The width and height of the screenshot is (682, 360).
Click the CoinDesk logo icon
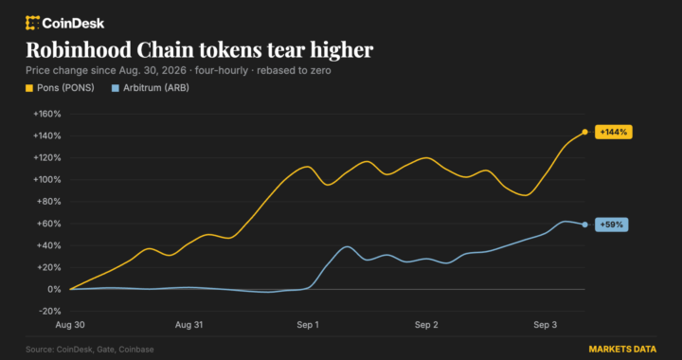pyautogui.click(x=32, y=23)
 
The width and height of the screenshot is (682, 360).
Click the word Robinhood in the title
pyautogui.click(x=78, y=50)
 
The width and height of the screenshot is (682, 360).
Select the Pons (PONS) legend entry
pyautogui.click(x=60, y=88)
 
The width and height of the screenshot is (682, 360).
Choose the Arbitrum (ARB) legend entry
pyautogui.click(x=151, y=88)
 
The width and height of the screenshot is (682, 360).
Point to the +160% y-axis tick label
pyautogui.click(x=47, y=114)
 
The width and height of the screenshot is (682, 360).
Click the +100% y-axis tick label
pyautogui.click(x=47, y=180)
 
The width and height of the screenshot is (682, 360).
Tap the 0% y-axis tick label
pyautogui.click(x=54, y=289)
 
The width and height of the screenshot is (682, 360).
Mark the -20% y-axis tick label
pyautogui.click(x=49, y=312)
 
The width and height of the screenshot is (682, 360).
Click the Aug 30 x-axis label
pyautogui.click(x=69, y=325)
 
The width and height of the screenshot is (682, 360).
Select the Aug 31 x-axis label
pyautogui.click(x=188, y=325)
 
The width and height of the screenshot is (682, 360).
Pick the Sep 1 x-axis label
pyautogui.click(x=308, y=325)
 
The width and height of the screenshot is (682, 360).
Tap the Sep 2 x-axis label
pyautogui.click(x=426, y=325)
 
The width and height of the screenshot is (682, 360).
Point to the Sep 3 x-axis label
pyautogui.click(x=545, y=325)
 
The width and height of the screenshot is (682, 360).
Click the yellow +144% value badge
pyautogui.click(x=613, y=132)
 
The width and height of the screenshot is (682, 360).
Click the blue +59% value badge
pyautogui.click(x=611, y=225)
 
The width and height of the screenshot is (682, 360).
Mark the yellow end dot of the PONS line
pyautogui.click(x=585, y=132)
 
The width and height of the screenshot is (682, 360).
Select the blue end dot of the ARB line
pyautogui.click(x=585, y=225)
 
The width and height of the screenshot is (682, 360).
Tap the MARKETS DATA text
pyautogui.click(x=622, y=350)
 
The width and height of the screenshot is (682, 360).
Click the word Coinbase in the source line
pyautogui.click(x=136, y=350)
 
